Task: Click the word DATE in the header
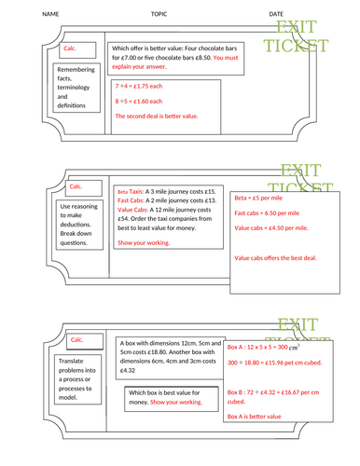click(277, 15)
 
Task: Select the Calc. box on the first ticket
click(70, 48)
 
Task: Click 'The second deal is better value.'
click(156, 116)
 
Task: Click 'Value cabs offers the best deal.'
click(276, 257)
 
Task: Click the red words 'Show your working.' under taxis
click(144, 242)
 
